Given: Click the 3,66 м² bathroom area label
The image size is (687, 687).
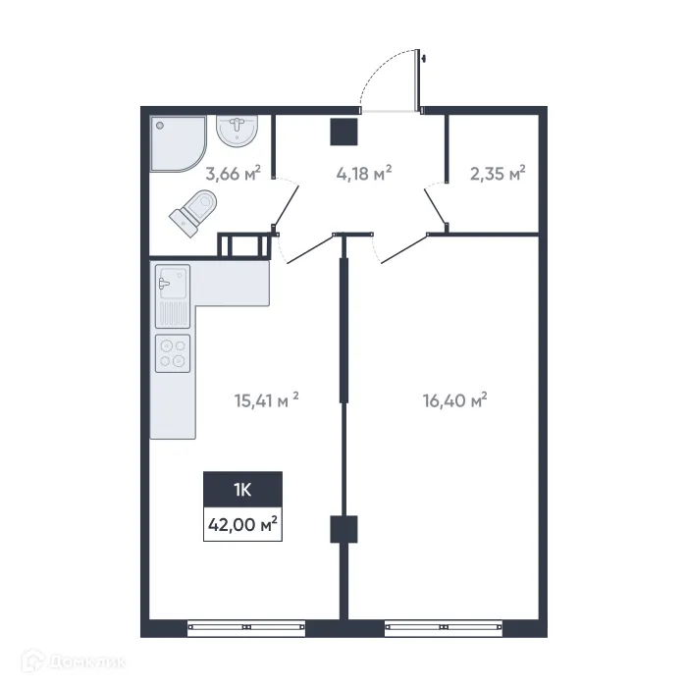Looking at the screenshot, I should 233,175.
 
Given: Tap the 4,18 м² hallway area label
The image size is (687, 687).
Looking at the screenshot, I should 363,173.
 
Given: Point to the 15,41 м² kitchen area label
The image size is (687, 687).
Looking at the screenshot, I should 265,399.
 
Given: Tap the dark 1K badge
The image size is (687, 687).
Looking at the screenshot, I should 242,489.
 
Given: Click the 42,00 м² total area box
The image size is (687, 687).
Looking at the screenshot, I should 242,525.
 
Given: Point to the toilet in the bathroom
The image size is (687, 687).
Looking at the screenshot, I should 193,212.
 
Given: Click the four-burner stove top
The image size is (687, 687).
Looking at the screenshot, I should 173,352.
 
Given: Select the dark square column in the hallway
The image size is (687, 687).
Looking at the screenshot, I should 343,131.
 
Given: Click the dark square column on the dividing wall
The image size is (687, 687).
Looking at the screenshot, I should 343,529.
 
